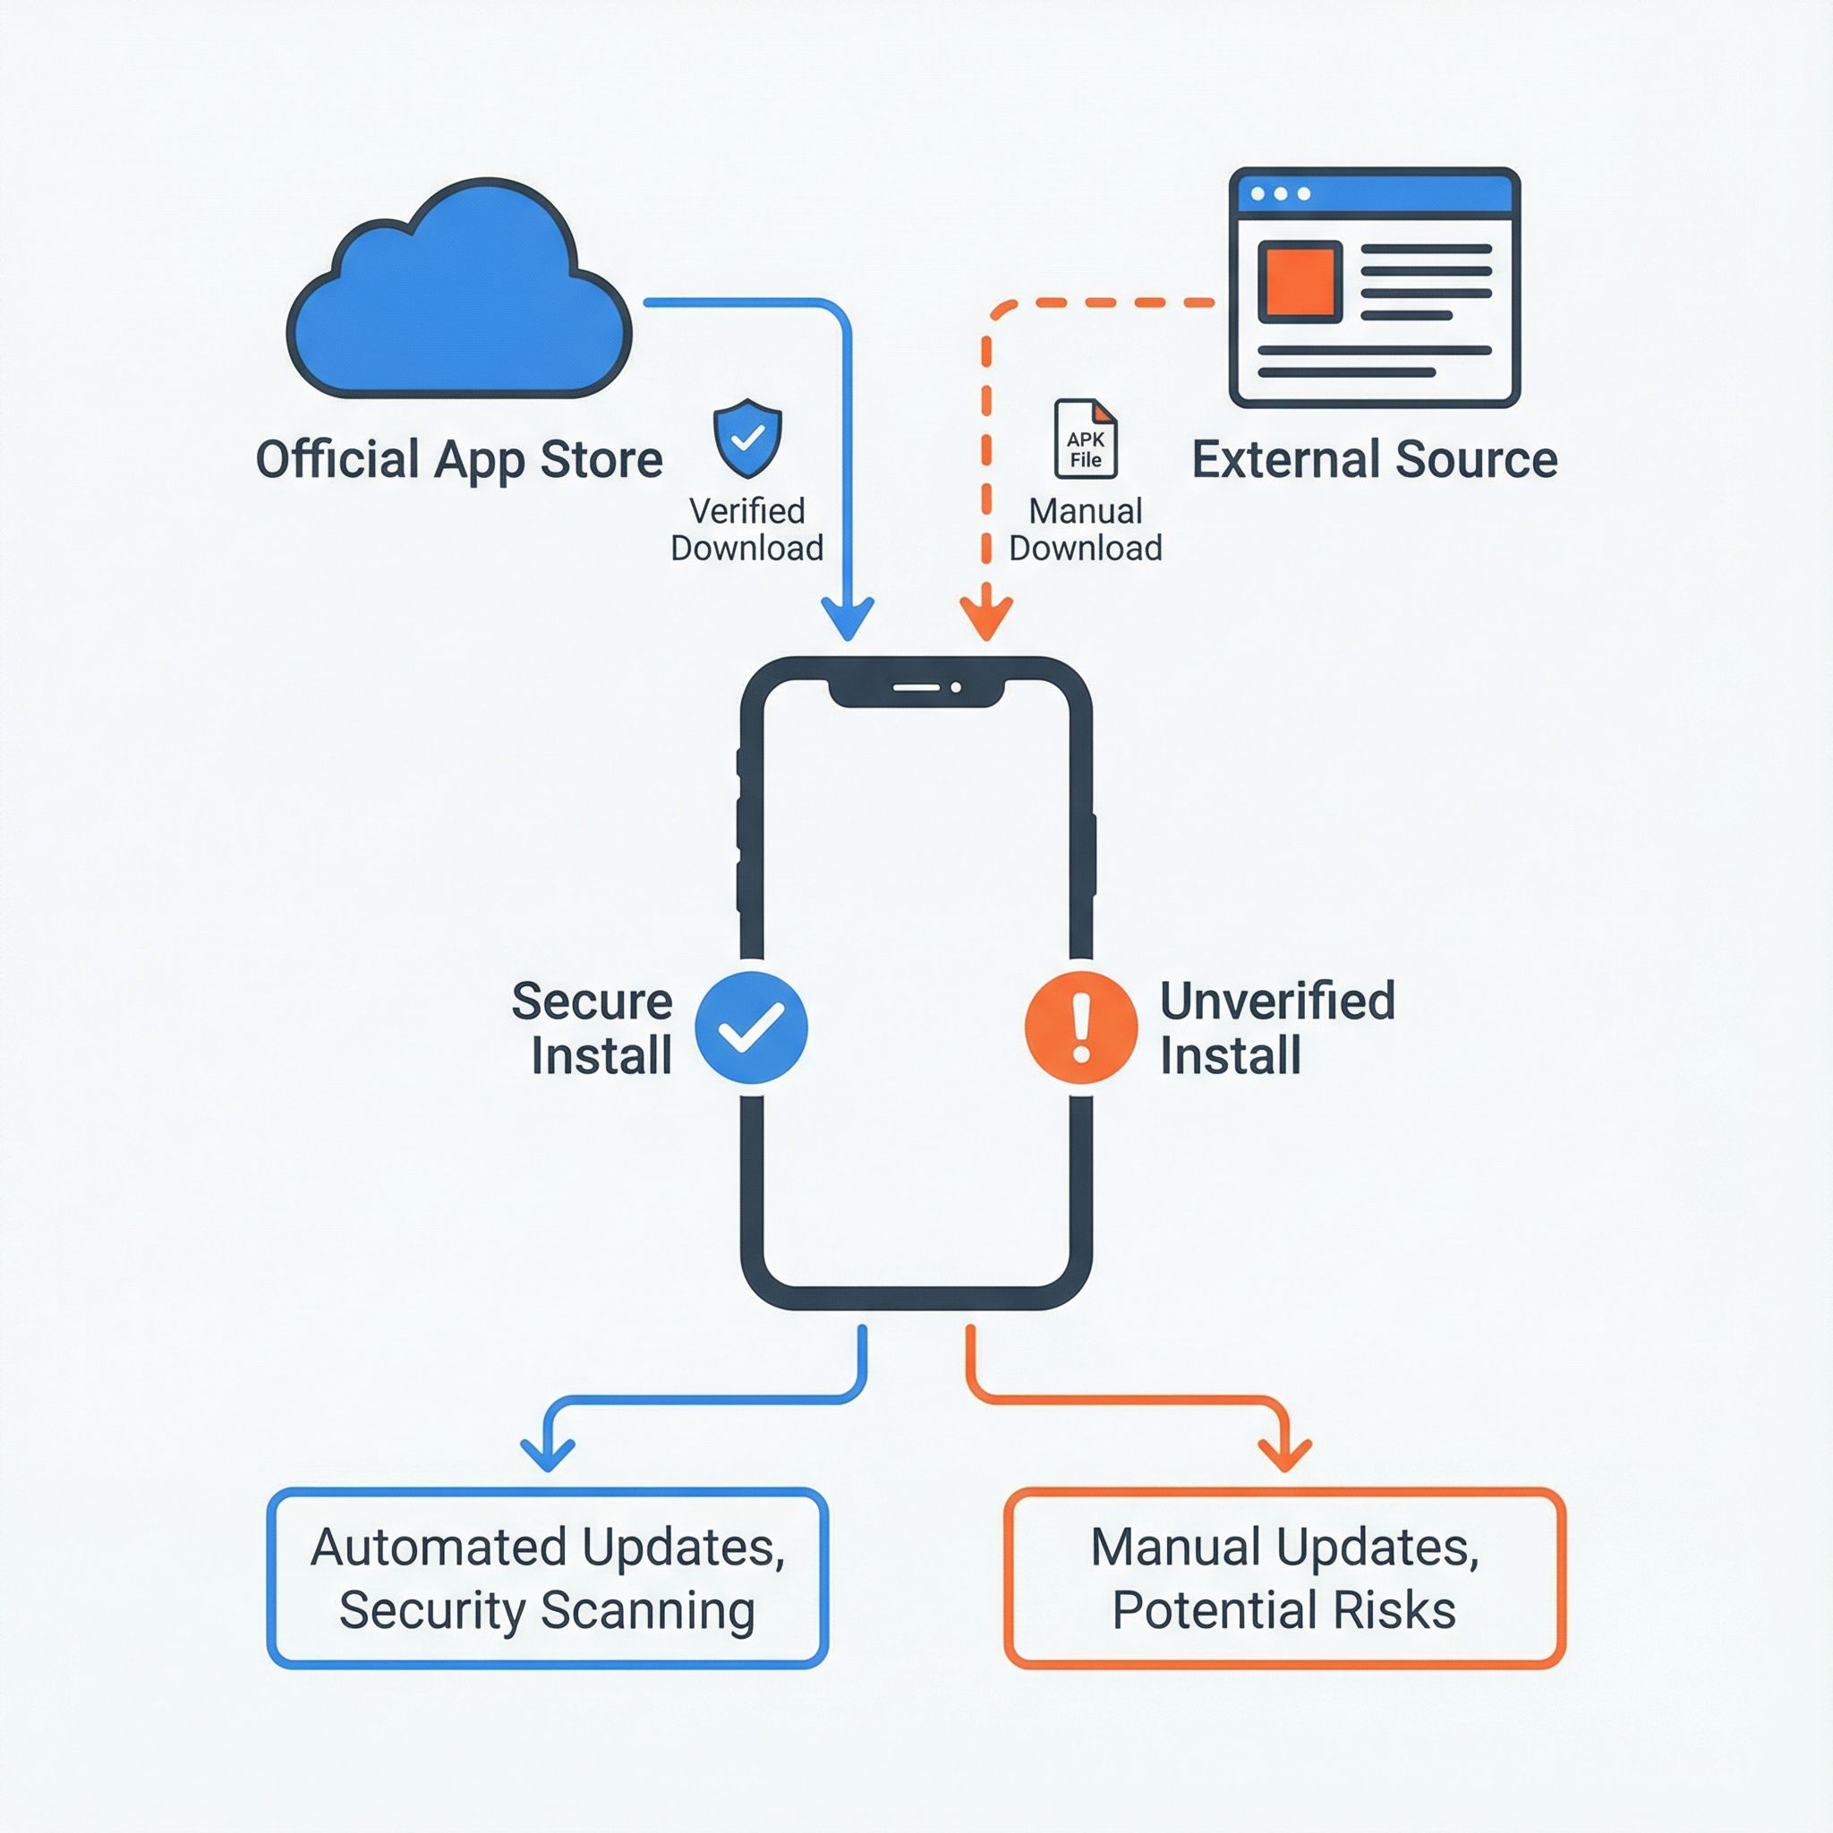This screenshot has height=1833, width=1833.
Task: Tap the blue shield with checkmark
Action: (747, 438)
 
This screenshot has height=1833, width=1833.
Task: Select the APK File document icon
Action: (1086, 439)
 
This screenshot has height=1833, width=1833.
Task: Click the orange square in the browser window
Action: (1300, 282)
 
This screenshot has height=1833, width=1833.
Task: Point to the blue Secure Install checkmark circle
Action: (752, 1027)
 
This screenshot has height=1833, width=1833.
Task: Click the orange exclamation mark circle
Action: (1080, 1027)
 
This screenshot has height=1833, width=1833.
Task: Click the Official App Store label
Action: (459, 460)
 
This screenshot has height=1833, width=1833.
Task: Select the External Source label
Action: (1374, 460)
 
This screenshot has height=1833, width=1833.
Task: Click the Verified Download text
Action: (746, 530)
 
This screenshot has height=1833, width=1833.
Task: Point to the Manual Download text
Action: (1086, 530)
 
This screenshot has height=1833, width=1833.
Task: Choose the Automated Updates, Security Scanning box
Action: (548, 1578)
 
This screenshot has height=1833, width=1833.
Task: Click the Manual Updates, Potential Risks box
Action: (1284, 1578)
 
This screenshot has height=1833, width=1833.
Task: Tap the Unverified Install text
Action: (1277, 1027)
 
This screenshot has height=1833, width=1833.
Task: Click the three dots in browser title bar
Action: (1281, 193)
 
